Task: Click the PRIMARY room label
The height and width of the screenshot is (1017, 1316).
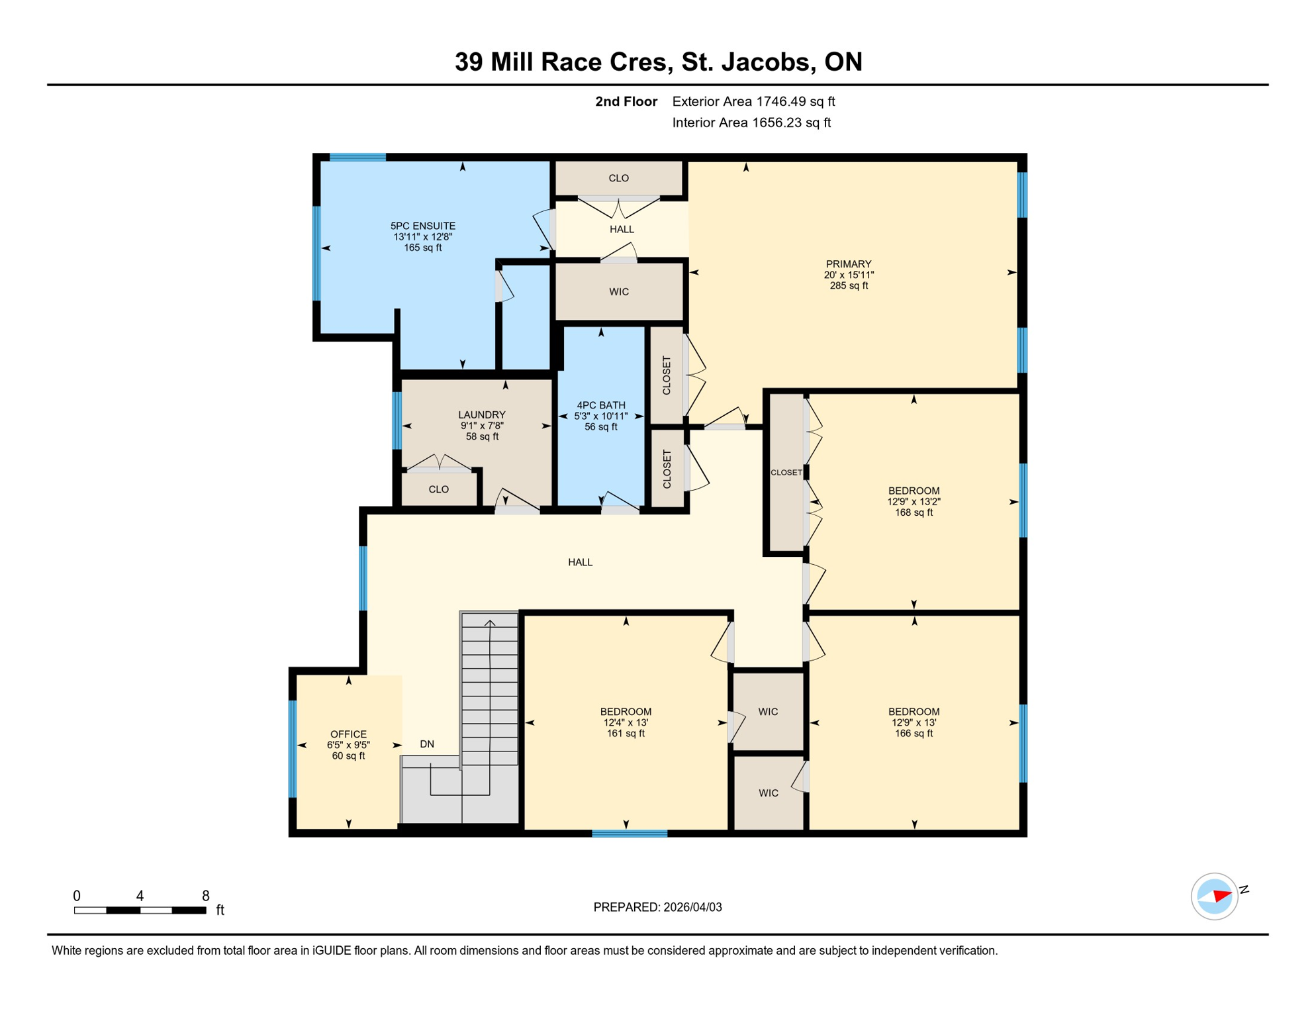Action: [848, 264]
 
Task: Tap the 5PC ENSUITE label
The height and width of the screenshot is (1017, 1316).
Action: [422, 226]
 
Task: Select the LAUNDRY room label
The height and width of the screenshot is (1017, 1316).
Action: [481, 415]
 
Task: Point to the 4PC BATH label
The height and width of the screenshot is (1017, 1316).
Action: [600, 405]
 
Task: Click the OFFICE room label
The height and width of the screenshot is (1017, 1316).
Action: [348, 734]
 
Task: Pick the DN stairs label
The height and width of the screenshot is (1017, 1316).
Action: [427, 744]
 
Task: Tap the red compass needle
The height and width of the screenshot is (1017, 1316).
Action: [1222, 896]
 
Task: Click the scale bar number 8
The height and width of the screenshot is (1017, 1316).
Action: [206, 896]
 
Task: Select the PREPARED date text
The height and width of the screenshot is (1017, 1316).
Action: [657, 907]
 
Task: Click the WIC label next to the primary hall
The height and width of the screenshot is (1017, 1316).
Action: [619, 292]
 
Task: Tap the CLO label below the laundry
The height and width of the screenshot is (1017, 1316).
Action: [438, 489]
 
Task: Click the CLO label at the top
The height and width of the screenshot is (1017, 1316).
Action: [618, 178]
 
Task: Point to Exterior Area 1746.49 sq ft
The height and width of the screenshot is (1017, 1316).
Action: [753, 101]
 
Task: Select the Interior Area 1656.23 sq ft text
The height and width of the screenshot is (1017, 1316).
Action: [751, 122]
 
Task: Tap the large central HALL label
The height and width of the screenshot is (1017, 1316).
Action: [580, 562]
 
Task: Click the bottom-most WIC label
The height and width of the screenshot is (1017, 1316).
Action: [768, 793]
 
